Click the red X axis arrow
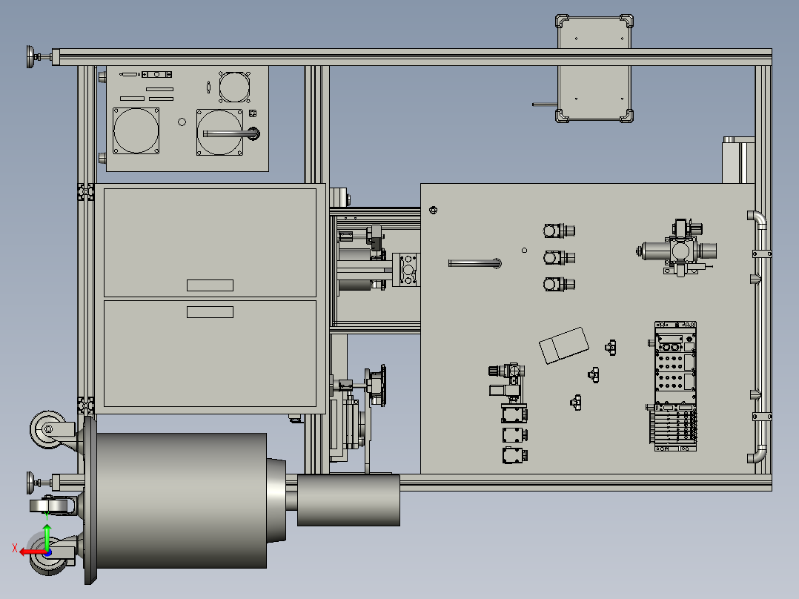coord(32,552)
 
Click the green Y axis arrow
coord(47,537)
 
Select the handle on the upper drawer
coord(210,285)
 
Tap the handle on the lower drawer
coord(210,312)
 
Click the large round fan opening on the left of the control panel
coord(136,130)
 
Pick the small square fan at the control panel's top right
coord(234,87)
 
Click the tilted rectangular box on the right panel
coord(564,345)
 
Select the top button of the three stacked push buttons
coord(559,231)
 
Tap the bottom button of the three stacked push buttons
coord(559,285)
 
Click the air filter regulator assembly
coord(677,248)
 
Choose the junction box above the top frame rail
coord(594,68)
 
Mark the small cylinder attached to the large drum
coord(348,500)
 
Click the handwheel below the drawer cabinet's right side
coord(377,385)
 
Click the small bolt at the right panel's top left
coord(433,210)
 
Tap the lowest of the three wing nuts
coord(576,403)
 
